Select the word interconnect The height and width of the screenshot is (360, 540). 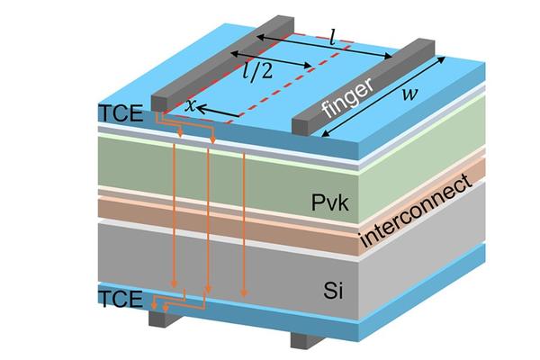point(416,213)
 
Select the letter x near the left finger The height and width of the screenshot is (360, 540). point(190,104)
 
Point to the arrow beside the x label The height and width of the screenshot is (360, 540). point(216,111)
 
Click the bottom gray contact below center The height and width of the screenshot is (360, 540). point(304,339)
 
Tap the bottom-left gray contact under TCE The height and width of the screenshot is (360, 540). point(160,314)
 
